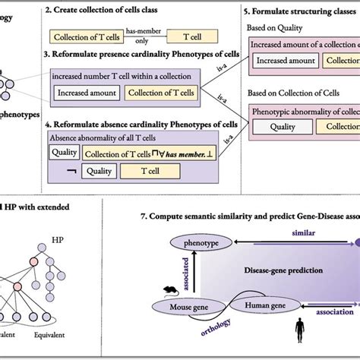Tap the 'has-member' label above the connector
(142, 28)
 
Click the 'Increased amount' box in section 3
(86, 93)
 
